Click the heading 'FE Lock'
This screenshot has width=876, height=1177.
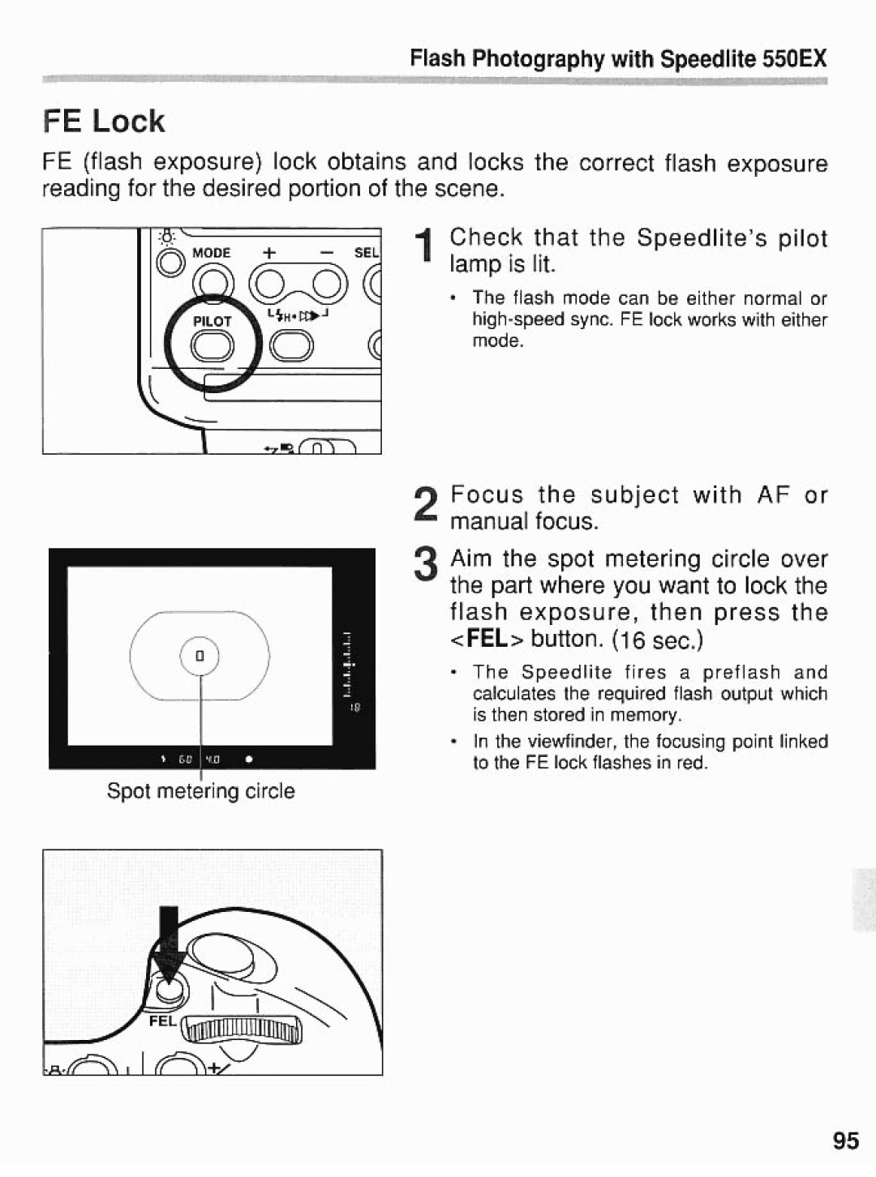tap(104, 122)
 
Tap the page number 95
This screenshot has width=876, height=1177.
tap(844, 1141)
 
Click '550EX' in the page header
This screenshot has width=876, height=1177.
tap(794, 58)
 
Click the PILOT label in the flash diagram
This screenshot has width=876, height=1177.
tap(212, 321)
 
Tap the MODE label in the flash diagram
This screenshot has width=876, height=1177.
tap(212, 253)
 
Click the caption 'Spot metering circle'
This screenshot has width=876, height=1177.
tap(201, 791)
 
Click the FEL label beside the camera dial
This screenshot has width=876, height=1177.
tap(161, 1021)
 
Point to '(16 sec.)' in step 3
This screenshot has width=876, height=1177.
tap(658, 640)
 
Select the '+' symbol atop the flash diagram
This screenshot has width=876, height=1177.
tap(265, 253)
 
